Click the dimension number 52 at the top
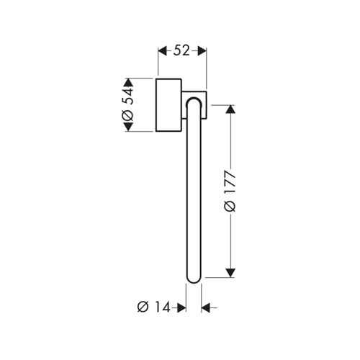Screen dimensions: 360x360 click(x=181, y=51)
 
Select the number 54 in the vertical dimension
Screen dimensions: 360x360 click(x=127, y=96)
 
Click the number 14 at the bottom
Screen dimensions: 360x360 click(x=163, y=307)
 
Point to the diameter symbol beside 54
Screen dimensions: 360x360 click(x=127, y=116)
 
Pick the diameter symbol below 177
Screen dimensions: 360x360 click(x=230, y=207)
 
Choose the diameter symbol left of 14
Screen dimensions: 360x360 click(x=143, y=307)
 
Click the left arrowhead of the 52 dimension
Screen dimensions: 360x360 click(x=162, y=51)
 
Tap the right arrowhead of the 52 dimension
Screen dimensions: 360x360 click(x=202, y=51)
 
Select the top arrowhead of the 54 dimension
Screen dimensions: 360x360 click(x=128, y=83)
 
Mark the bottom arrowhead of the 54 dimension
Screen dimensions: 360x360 click(x=128, y=127)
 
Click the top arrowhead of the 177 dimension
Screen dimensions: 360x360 click(x=230, y=109)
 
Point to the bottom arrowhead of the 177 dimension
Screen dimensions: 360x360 click(x=230, y=273)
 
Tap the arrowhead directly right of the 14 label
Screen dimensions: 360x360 click(x=181, y=307)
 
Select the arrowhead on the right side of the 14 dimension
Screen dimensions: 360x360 click(x=206, y=307)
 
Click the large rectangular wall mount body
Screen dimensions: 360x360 click(x=168, y=105)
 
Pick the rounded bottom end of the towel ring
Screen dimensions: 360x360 click(x=194, y=279)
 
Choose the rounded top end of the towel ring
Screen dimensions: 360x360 click(x=194, y=100)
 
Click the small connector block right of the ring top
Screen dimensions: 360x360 click(x=204, y=105)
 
